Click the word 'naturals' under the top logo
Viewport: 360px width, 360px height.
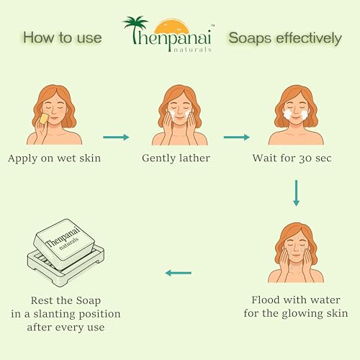coord(192,50)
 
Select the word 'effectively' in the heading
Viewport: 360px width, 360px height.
coord(309,38)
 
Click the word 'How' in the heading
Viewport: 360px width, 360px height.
coord(39,37)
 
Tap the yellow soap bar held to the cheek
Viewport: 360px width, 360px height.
coord(44,119)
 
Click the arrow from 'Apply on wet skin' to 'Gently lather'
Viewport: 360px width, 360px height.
coord(116,138)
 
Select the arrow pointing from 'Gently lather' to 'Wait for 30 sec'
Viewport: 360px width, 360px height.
coord(237,138)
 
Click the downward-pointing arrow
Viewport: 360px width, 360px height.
coord(296,193)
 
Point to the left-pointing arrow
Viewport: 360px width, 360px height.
coord(179,273)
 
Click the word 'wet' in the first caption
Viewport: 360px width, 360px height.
coord(67,158)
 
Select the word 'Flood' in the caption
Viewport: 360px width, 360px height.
coord(266,300)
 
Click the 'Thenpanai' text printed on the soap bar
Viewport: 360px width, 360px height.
coord(63,237)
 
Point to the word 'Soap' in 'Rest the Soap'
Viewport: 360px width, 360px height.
coord(89,301)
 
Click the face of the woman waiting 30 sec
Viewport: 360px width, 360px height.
coord(296,110)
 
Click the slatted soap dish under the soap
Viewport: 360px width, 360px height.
coord(66,266)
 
